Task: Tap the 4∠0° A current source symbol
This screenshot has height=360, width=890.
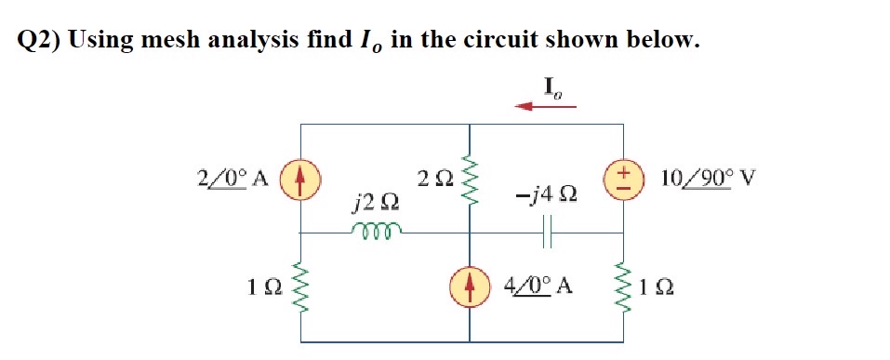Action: pyautogui.click(x=468, y=285)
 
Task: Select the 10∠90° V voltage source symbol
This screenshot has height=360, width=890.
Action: pyautogui.click(x=622, y=178)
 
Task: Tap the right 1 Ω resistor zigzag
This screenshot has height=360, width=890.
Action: pyautogui.click(x=622, y=285)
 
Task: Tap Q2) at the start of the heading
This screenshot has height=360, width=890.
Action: pyautogui.click(x=40, y=40)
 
